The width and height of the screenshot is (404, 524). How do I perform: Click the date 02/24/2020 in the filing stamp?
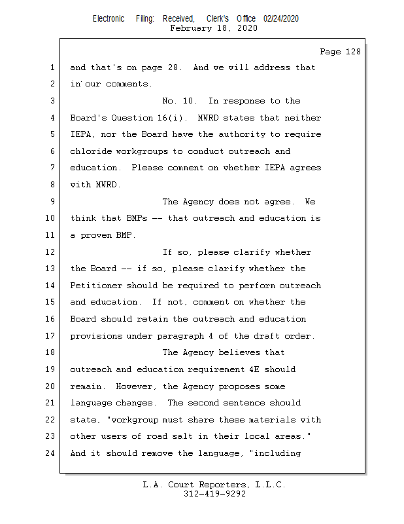[281, 19]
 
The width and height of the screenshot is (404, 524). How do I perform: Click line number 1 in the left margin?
[52, 67]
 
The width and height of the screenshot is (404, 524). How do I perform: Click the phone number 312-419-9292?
[214, 494]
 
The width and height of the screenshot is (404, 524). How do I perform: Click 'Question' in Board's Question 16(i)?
[133, 118]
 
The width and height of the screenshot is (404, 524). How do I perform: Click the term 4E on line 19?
[273, 369]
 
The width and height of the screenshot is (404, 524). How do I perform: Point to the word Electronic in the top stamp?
[109, 19]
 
